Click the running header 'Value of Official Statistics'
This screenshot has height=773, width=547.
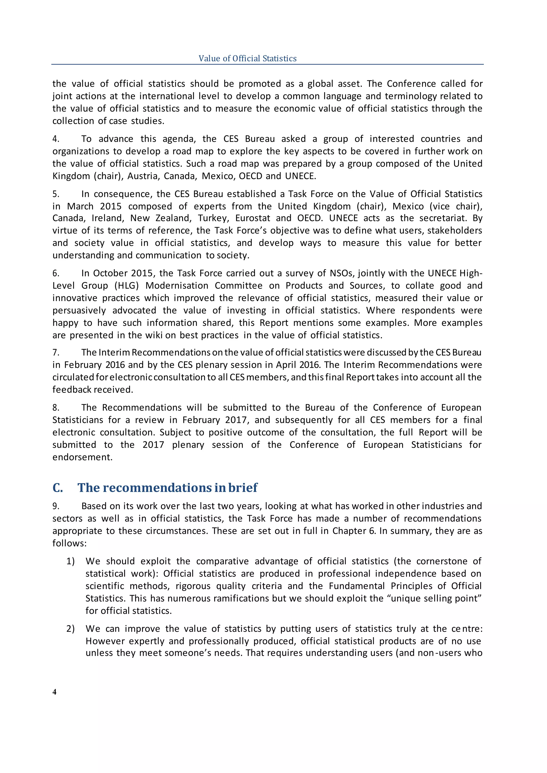pyautogui.click(x=247, y=58)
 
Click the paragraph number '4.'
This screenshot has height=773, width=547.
pyautogui.click(x=56, y=139)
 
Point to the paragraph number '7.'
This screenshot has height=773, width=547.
pyautogui.click(x=56, y=353)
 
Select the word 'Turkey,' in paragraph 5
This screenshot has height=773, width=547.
pyautogui.click(x=214, y=218)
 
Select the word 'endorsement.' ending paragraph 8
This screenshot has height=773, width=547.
pyautogui.click(x=83, y=457)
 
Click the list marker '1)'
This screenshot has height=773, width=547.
pyautogui.click(x=71, y=561)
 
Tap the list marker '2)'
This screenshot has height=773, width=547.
pyautogui.click(x=71, y=629)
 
